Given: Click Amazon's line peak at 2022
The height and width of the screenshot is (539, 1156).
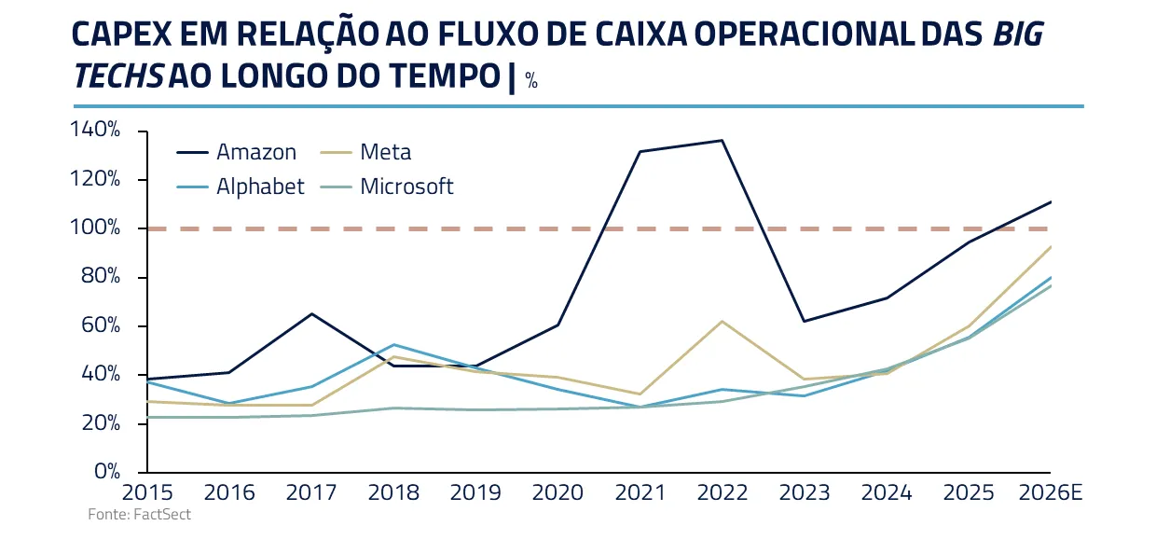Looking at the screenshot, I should [722, 141].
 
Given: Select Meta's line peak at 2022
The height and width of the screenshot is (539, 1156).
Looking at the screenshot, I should [722, 321].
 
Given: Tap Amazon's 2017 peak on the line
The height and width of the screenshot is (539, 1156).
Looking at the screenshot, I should [311, 313].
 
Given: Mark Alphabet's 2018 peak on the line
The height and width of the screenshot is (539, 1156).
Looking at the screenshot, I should [393, 345].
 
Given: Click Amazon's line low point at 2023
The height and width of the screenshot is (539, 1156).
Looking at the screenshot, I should [805, 321].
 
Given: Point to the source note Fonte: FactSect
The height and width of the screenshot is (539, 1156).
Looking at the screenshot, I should [140, 515].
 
